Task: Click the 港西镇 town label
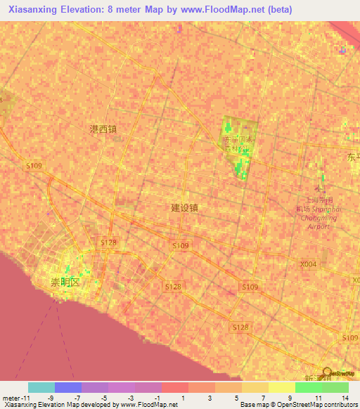pyautogui.click(x=103, y=129)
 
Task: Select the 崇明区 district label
pyautogui.click(x=66, y=281)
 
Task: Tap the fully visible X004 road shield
pyautogui.click(x=308, y=264)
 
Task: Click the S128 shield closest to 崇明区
pyautogui.click(x=108, y=242)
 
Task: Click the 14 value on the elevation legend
pyautogui.click(x=345, y=398)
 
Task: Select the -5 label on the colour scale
pyautogui.click(x=104, y=398)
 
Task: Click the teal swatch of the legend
pyautogui.click(x=41, y=387)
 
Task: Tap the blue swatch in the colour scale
pyautogui.click(x=68, y=387)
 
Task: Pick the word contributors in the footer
pyautogui.click(x=340, y=405)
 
